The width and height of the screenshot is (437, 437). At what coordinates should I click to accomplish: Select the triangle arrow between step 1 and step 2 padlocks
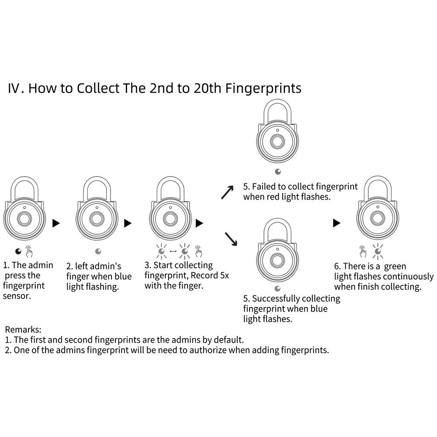[x=56, y=223]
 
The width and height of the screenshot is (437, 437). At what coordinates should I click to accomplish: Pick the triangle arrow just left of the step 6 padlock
[x=336, y=223]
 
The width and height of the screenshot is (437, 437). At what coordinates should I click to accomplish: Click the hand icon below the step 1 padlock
[x=29, y=251]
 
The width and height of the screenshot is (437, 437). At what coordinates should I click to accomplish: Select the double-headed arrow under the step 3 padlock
[x=172, y=252]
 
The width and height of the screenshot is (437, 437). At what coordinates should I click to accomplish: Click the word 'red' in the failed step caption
[x=289, y=197]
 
